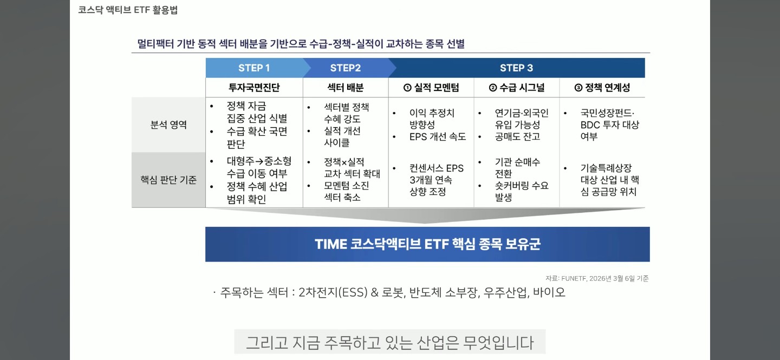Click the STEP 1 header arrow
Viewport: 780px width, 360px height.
tap(254, 68)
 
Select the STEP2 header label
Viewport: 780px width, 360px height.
tap(346, 68)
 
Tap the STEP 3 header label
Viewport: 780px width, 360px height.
tap(516, 68)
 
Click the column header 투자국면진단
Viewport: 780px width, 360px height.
tap(254, 87)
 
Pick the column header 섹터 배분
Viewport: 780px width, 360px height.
tap(346, 87)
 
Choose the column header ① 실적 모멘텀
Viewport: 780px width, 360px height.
tap(431, 87)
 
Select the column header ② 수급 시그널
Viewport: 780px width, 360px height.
tap(517, 87)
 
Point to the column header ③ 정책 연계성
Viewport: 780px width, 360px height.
tap(602, 87)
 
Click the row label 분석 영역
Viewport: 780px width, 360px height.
tap(168, 125)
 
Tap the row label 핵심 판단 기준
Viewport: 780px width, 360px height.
tap(168, 180)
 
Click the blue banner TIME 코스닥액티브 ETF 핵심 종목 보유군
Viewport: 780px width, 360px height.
tap(427, 244)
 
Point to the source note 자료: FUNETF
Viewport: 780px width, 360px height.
tap(597, 278)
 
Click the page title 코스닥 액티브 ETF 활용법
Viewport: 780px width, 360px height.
tap(128, 10)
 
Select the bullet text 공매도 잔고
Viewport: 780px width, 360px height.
tap(517, 136)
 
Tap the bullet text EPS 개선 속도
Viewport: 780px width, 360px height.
tap(438, 136)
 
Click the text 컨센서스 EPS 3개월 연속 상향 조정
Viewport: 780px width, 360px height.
tap(437, 180)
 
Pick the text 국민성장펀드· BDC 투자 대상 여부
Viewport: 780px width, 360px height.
tap(609, 125)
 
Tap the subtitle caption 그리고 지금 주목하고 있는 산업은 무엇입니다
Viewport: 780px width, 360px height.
tap(389, 342)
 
